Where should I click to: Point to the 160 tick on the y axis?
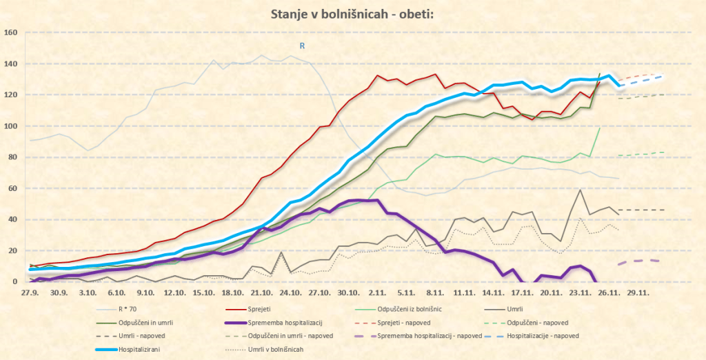click(10, 32)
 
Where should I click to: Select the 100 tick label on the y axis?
click(10, 126)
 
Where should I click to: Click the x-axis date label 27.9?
click(29, 292)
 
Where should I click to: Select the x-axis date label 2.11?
click(377, 292)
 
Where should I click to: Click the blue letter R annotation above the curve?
click(301, 46)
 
